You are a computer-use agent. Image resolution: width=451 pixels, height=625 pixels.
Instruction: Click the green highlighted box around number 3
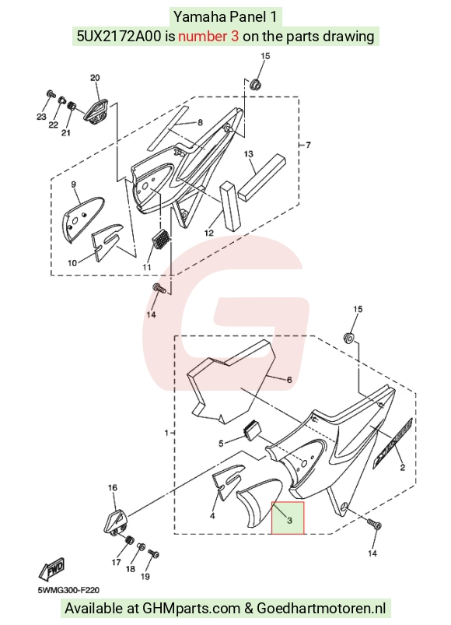point(288,518)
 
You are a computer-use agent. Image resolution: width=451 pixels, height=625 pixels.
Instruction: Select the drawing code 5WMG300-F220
point(68,590)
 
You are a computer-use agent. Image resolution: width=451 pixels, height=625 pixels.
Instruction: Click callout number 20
point(95,78)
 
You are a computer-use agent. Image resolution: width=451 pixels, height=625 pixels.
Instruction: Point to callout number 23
point(41,117)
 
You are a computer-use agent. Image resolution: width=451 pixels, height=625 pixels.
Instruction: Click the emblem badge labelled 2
point(393,443)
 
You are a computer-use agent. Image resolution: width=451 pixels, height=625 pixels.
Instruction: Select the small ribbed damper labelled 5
point(253,430)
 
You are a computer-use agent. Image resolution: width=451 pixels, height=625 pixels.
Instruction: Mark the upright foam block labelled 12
point(231,205)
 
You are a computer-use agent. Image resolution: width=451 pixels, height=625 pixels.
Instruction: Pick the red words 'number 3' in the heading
point(208,37)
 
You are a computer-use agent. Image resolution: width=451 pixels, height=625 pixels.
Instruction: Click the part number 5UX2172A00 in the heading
point(120,37)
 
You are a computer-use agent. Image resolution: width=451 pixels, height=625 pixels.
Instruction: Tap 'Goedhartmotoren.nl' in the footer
point(321,609)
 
